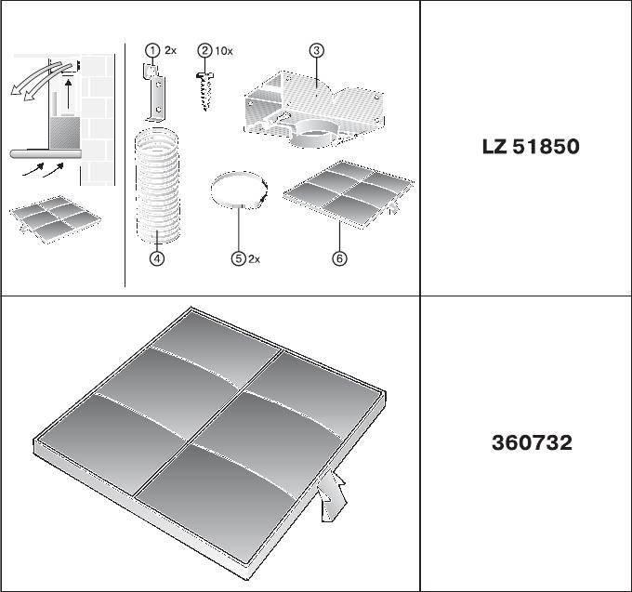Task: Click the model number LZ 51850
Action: tap(531, 146)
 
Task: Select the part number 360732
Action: tap(532, 442)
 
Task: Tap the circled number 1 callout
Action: tap(151, 51)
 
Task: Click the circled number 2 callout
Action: tap(204, 51)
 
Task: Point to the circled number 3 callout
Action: tap(316, 50)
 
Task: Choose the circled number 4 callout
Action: tap(157, 258)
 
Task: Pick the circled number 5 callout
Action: tap(239, 258)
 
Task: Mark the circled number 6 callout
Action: tap(339, 258)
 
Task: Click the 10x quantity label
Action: tap(224, 51)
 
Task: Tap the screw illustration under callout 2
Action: tap(205, 91)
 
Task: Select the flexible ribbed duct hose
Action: tap(157, 186)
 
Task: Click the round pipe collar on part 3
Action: tap(316, 134)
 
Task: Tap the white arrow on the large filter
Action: tap(332, 493)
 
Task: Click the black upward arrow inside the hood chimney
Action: tap(68, 94)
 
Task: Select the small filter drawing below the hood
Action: tap(55, 219)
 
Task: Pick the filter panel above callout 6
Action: tap(349, 194)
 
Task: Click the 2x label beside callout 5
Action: tap(255, 259)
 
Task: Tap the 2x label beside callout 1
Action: tap(170, 50)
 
